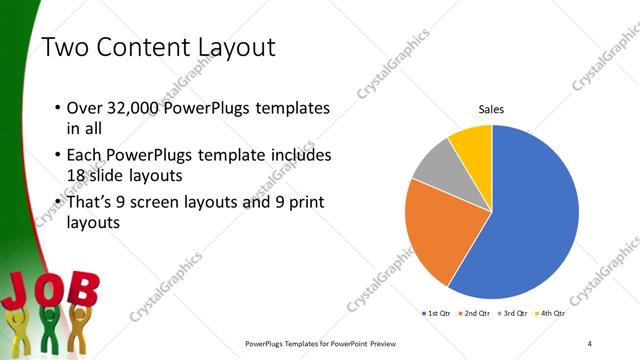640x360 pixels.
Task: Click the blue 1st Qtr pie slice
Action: [530, 220]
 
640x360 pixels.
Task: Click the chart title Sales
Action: [490, 109]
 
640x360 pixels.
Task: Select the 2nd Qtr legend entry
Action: [473, 313]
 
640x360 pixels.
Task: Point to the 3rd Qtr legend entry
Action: [513, 313]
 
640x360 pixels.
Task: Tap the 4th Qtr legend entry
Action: [552, 313]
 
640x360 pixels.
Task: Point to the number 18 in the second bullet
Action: [77, 176]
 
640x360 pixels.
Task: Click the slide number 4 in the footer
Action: [590, 343]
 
